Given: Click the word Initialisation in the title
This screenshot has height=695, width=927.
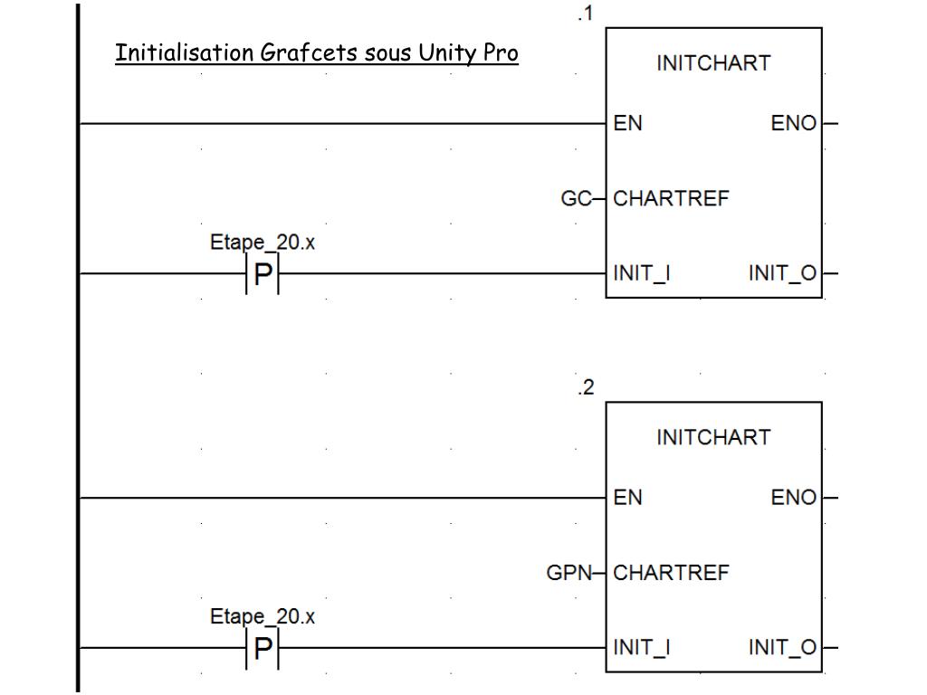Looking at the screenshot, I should pyautogui.click(x=185, y=52).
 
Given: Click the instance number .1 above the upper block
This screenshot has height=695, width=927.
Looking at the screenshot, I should pyautogui.click(x=585, y=14).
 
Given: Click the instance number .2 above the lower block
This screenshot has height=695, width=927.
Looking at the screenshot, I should pyautogui.click(x=586, y=388).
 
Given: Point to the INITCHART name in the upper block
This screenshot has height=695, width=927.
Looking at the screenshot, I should pyautogui.click(x=713, y=63).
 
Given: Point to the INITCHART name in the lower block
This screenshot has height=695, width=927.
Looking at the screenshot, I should pyautogui.click(x=713, y=438).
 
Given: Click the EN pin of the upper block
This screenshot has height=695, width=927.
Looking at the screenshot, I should pyautogui.click(x=627, y=123).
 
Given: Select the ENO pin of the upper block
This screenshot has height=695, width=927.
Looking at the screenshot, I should pyautogui.click(x=793, y=123).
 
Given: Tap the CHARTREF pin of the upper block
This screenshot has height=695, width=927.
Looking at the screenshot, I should pyautogui.click(x=670, y=198).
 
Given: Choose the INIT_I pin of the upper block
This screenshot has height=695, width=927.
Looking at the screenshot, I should pyautogui.click(x=641, y=272).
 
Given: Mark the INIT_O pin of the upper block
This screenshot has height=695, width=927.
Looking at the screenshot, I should pyautogui.click(x=782, y=272).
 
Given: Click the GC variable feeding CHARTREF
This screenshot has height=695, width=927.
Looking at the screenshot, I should pyautogui.click(x=576, y=198).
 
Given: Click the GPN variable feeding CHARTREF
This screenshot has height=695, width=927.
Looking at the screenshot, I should pyautogui.click(x=569, y=573).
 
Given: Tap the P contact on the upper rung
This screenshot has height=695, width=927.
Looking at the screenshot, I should pyautogui.click(x=263, y=273).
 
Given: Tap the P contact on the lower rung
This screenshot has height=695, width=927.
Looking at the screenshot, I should pyautogui.click(x=263, y=648).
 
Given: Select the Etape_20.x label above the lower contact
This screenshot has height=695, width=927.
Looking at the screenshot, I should pyautogui.click(x=263, y=616).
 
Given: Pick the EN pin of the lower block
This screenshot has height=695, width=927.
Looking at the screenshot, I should pyautogui.click(x=627, y=498).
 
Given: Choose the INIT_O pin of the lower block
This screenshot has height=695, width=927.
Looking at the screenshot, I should pyautogui.click(x=782, y=647).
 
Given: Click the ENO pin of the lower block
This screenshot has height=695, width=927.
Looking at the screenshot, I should pyautogui.click(x=793, y=498).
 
